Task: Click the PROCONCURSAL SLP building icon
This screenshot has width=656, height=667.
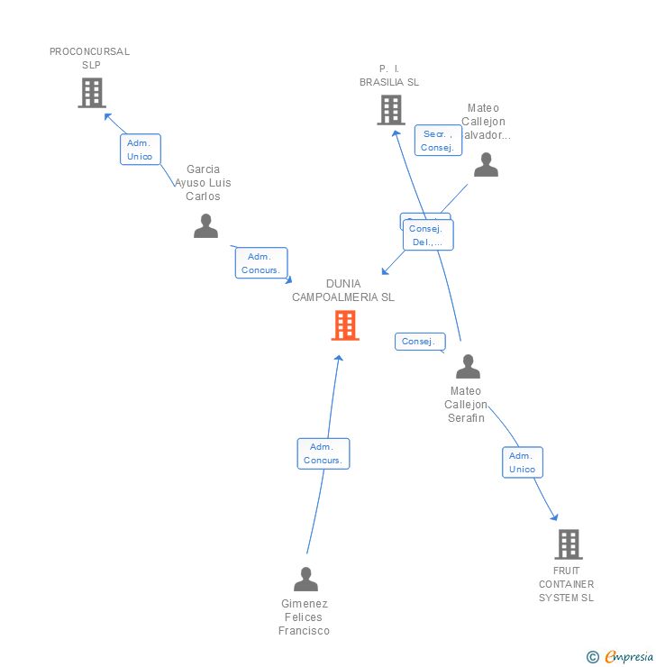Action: coord(92,93)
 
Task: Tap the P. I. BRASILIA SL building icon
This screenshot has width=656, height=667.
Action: coord(390,110)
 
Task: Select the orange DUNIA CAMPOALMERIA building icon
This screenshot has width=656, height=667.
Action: coord(345,325)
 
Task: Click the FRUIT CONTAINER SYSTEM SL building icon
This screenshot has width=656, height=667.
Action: coord(568,544)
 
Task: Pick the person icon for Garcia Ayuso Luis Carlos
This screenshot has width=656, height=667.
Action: coord(205,226)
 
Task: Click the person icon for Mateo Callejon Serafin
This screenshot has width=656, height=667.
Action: coord(468,367)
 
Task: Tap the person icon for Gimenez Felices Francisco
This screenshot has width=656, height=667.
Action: coord(305,580)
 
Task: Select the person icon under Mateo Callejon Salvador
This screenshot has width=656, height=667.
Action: coord(486,165)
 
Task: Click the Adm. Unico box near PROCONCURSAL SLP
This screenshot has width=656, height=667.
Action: coord(140,150)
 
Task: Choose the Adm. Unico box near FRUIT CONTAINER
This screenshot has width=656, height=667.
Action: coord(523,462)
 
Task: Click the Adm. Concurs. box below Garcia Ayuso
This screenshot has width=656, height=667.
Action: coord(261,263)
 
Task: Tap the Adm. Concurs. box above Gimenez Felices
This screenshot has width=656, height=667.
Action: coord(323,453)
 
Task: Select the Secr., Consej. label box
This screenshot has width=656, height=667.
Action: coord(438,141)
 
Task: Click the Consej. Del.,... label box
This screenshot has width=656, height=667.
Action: coord(428,235)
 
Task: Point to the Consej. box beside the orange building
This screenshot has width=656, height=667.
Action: coord(419,342)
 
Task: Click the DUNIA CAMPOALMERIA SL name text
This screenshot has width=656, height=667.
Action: coord(343,290)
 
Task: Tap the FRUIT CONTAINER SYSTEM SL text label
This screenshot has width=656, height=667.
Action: coord(567,584)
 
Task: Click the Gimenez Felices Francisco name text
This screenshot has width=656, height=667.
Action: coord(305,617)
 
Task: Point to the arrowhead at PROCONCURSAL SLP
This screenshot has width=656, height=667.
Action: coord(107,115)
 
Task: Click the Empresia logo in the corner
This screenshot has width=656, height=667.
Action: coord(620,657)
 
